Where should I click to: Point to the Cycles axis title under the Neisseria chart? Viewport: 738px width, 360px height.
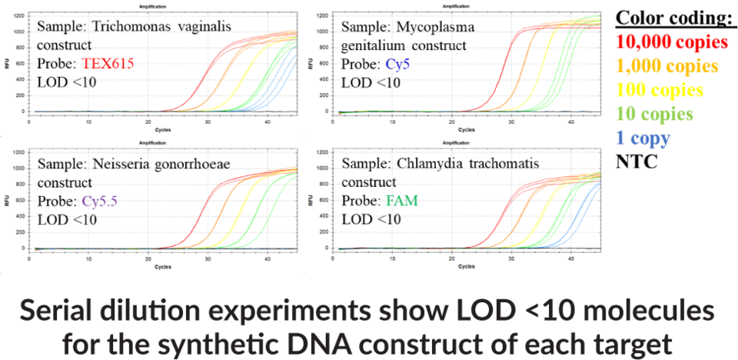point(163,267)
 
